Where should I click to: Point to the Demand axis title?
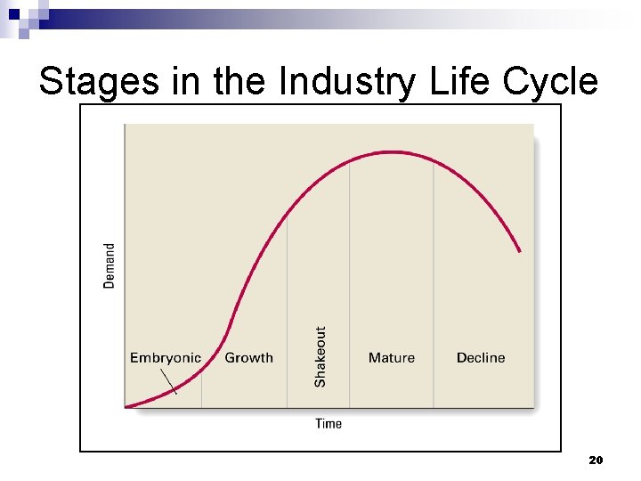(110, 265)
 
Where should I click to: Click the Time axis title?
(329, 423)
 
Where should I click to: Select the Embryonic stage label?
(166, 358)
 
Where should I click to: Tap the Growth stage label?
(248, 358)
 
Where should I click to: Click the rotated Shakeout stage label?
(320, 356)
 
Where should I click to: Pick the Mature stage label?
(392, 358)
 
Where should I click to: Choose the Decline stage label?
(481, 358)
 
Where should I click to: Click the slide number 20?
(596, 461)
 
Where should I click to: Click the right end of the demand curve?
(520, 251)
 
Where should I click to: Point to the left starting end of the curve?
(127, 407)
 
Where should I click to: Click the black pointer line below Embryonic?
(169, 381)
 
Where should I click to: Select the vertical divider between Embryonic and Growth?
(201, 387)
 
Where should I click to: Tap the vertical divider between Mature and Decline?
(434, 267)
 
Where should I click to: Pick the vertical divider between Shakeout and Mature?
(349, 267)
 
